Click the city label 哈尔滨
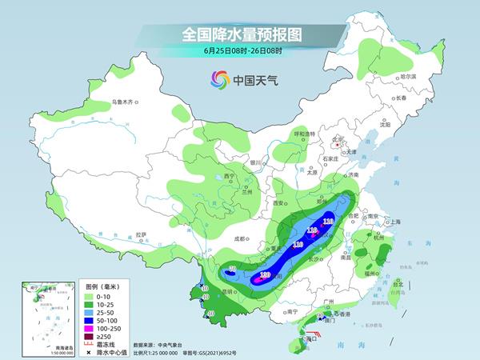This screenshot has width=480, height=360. (x=409, y=76)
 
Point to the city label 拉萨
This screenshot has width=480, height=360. (x=142, y=234)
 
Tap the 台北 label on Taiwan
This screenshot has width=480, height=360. (x=400, y=282)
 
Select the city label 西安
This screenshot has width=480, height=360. (x=279, y=204)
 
